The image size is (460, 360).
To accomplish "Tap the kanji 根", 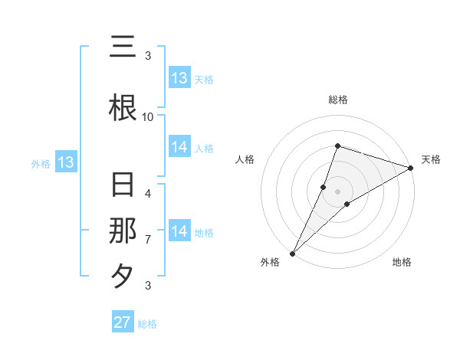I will (123, 107).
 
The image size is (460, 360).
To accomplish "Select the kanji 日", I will (123, 186).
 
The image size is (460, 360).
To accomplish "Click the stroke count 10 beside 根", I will (148, 116).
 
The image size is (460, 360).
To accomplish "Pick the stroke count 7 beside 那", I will (148, 240).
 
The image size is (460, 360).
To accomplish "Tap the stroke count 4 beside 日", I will (148, 193).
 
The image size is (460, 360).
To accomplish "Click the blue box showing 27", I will (123, 322).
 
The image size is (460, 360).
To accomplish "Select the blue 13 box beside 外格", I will (65, 162).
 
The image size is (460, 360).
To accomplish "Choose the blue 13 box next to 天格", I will (179, 78).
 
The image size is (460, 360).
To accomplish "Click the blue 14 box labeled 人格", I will (179, 148).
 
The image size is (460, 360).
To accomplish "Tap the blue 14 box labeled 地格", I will (179, 232).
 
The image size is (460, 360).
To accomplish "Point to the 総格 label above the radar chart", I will (337, 100).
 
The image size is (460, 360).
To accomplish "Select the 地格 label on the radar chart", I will (402, 263).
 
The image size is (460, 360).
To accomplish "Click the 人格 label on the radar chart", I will (245, 159).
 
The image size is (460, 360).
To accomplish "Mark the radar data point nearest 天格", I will (410, 168).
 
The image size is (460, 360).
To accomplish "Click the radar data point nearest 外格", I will (292, 253).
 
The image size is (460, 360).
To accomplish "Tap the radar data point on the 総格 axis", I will (337, 146).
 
